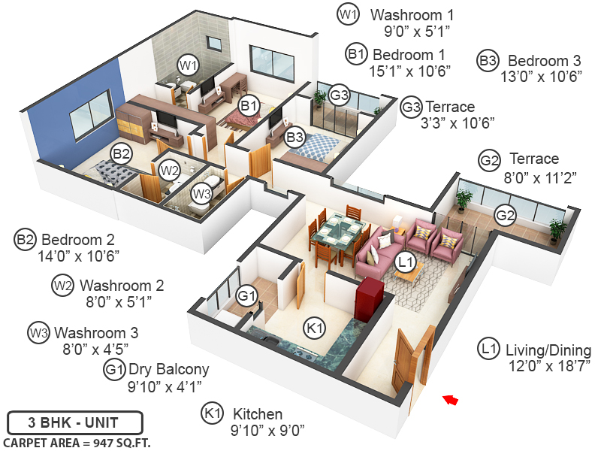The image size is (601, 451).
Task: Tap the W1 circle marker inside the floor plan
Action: pyautogui.click(x=187, y=65)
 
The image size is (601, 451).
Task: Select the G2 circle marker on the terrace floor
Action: pyautogui.click(x=505, y=216)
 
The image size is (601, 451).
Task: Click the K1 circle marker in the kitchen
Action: pyautogui.click(x=314, y=328)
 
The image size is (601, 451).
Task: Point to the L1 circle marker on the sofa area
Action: pyautogui.click(x=406, y=262)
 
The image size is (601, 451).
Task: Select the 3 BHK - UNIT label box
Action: pyautogui.click(x=63, y=421)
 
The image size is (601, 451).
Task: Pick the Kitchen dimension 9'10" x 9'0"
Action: pyautogui.click(x=258, y=430)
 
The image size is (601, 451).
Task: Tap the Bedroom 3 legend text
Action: pyautogui.click(x=544, y=60)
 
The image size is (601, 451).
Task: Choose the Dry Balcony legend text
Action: pyautogui.click(x=169, y=369)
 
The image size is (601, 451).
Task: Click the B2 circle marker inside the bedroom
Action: pyautogui.click(x=122, y=154)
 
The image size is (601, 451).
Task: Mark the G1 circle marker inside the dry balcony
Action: pyautogui.click(x=246, y=294)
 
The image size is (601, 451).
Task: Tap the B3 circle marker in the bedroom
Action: pyautogui.click(x=295, y=138)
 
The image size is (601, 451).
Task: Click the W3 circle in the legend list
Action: pyautogui.click(x=38, y=332)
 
